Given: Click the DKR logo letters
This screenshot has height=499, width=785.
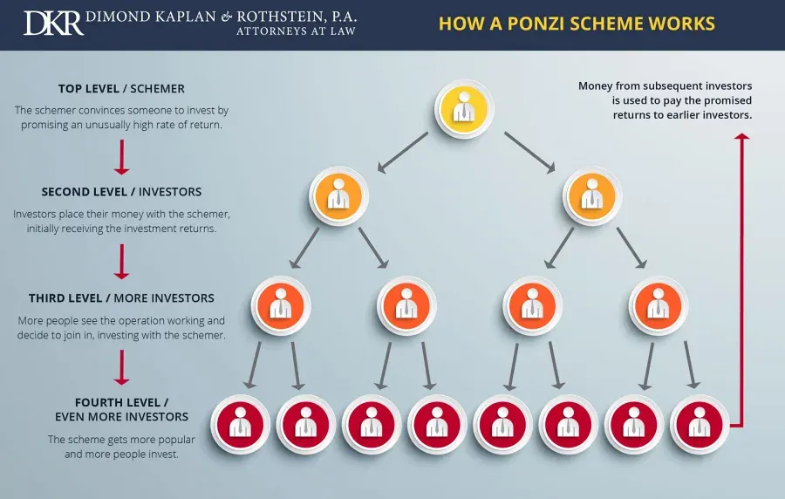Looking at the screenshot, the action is click(53, 23).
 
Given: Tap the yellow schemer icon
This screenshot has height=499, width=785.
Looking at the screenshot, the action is click(464, 109).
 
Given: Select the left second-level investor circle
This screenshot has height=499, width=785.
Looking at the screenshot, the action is click(338, 195).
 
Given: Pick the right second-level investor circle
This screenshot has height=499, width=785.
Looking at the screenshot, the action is click(591, 195).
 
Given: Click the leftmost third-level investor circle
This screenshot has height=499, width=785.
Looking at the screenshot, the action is click(281, 306).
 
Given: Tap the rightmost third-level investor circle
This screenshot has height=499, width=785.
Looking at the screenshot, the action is click(659, 306).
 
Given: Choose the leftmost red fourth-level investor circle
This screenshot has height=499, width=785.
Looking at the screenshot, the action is click(241, 425).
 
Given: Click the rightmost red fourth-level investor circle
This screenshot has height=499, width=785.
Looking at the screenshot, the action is click(700, 425).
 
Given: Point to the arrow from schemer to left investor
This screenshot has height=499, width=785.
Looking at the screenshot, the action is click(402, 153).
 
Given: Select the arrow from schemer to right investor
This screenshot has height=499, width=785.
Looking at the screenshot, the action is click(529, 153).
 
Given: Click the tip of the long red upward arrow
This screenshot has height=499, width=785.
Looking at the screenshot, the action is click(742, 133).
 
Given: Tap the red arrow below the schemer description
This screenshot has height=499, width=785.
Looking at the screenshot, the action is click(121, 157).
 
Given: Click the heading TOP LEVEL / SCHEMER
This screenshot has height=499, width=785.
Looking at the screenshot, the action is click(121, 89).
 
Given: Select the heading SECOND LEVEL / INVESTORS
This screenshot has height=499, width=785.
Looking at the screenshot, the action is click(121, 192).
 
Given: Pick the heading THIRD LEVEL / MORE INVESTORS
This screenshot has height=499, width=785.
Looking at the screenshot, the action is click(121, 298).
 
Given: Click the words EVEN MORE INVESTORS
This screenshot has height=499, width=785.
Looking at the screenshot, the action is click(121, 417).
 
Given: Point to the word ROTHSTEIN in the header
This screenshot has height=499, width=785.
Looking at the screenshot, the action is click(280, 17).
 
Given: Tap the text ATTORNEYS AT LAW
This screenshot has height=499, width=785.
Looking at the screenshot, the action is click(296, 31).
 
